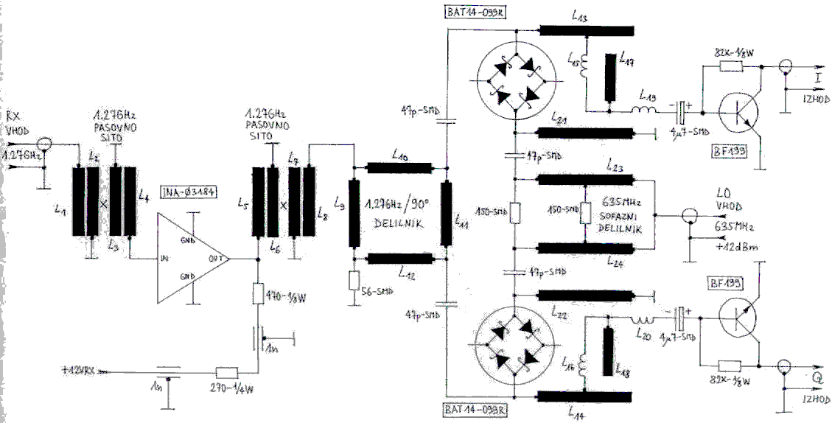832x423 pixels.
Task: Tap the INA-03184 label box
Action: pyautogui.click(x=186, y=193)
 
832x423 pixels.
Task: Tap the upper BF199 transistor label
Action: pyautogui.click(x=730, y=152)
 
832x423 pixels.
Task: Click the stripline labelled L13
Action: pyautogui.click(x=586, y=30)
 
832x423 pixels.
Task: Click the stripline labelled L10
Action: pyautogui.click(x=399, y=167)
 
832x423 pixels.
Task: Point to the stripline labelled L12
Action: pyautogui.click(x=399, y=257)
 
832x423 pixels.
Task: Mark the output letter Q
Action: pyautogui.click(x=817, y=377)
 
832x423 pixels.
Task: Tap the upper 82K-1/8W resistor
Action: pyautogui.click(x=730, y=66)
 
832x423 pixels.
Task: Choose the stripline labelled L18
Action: pyautogui.click(x=608, y=350)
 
